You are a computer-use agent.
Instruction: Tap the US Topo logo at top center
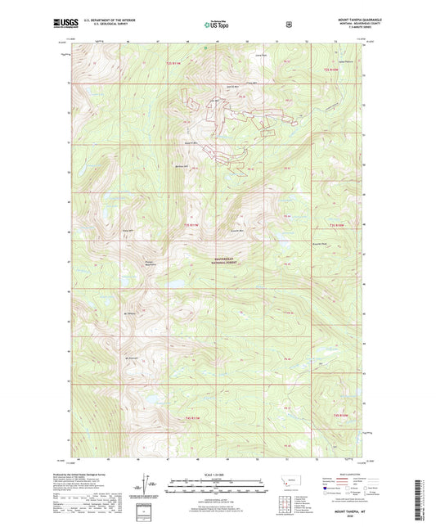click(218, 25)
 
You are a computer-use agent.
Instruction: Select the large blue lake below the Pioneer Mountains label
click(175, 284)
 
